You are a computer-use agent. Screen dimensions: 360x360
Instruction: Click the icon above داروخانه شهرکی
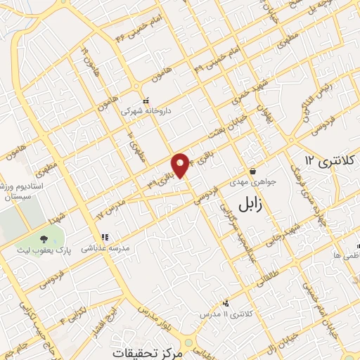tap(146, 101)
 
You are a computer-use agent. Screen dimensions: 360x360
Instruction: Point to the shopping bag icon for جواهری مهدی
tap(252, 172)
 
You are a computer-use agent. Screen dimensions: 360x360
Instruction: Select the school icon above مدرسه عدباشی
tap(104, 238)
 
